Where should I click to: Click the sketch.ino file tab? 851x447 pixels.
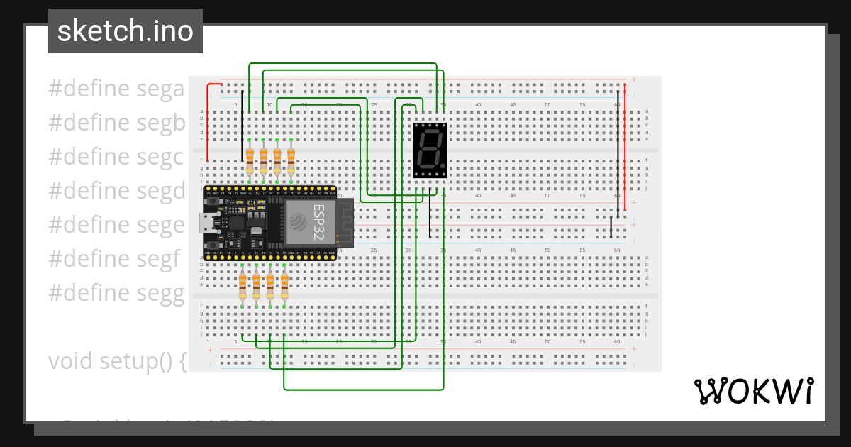pos(126,31)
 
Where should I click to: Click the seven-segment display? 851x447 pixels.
pos(430,150)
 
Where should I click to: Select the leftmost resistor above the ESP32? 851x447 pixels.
pos(250,161)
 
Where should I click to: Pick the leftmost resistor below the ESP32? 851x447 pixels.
pos(243,286)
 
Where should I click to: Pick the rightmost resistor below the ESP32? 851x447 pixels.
pos(284,286)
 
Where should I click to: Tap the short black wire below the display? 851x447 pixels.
pos(429,216)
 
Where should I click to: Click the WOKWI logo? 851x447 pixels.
pos(753,391)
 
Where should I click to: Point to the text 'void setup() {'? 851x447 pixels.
pos(117,361)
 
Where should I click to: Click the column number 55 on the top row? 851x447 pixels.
pos(582,105)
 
